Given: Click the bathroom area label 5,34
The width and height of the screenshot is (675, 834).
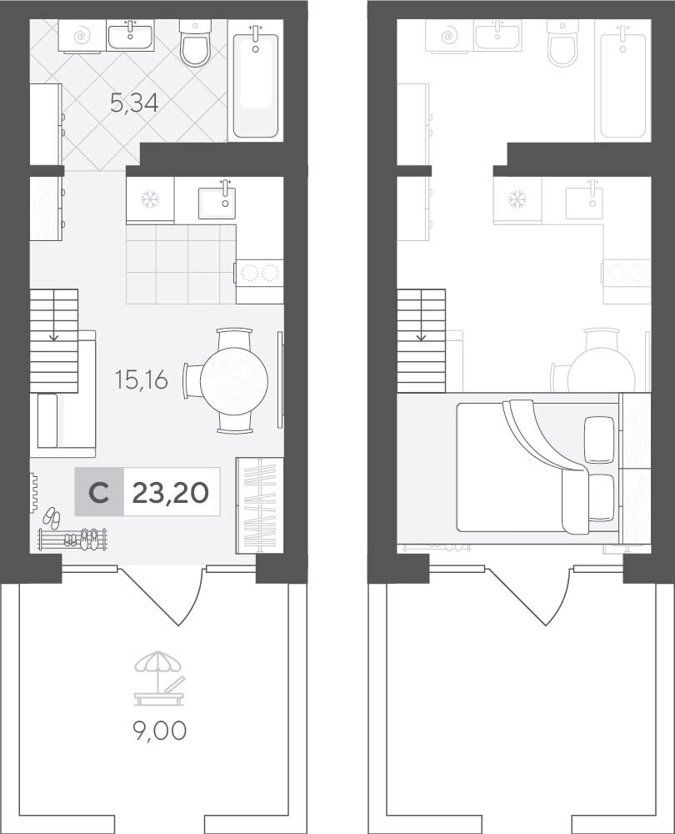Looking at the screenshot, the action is pos(134,103).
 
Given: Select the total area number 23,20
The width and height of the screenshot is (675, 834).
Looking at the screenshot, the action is pos(171,493).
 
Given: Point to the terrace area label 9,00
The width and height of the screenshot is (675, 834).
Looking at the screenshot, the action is pos(159,731).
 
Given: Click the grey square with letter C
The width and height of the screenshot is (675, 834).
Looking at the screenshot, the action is pos(99,491).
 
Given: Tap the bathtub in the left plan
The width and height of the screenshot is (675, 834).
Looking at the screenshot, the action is pos(255,82).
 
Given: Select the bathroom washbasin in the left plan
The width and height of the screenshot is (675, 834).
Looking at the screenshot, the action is pos(130,36).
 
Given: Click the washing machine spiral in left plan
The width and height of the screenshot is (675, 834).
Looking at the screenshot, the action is pos(82,36).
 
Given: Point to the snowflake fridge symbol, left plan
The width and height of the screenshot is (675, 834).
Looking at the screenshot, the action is pos(150,199).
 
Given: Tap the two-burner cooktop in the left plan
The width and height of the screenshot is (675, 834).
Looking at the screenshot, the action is pos(260,274).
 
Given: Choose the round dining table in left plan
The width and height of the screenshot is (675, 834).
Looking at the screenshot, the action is pos(234,381).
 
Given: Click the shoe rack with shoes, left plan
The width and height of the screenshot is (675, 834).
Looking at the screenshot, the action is pos(72,539).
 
